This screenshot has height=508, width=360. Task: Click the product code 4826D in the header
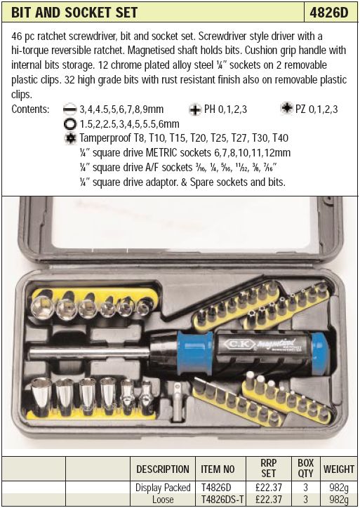coord(328,13)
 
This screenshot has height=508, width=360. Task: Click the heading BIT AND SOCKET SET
coord(74,13)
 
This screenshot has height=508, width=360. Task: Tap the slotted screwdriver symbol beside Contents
coord(69,109)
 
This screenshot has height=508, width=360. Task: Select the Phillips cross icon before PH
coord(195,109)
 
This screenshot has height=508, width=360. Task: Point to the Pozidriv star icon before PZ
coord(286,108)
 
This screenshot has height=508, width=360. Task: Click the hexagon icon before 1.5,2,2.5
coord(70,124)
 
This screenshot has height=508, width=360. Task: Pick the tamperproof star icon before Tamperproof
coord(71,138)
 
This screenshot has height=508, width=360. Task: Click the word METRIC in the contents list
coord(161,152)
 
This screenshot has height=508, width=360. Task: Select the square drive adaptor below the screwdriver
coord(177,401)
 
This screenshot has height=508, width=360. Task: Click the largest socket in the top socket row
coord(42,307)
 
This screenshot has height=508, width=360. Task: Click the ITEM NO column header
coord(218,469)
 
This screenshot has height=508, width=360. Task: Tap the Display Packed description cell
coord(163,488)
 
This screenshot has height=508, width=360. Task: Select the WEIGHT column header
coord(339,469)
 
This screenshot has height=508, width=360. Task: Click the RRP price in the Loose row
coord(269,500)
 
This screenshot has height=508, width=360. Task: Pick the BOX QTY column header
coord(305,468)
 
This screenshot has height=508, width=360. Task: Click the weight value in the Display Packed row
coord(339,488)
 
